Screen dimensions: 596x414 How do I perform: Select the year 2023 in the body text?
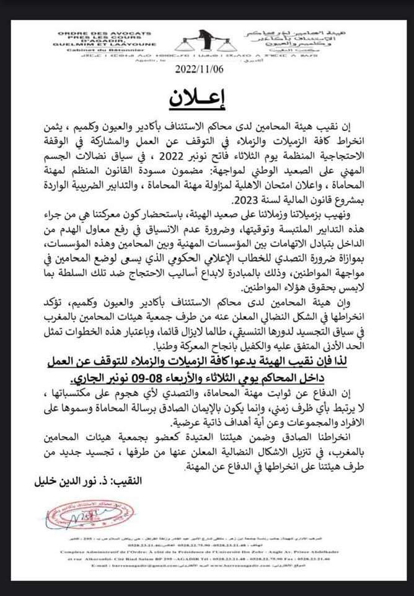click(244, 202)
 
